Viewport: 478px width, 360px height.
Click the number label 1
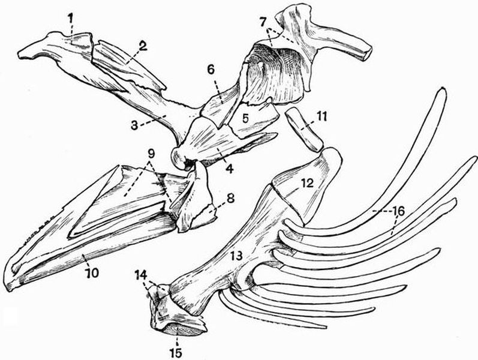[71, 19]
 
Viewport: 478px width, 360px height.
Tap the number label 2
[143, 46]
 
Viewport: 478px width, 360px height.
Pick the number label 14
[140, 275]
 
